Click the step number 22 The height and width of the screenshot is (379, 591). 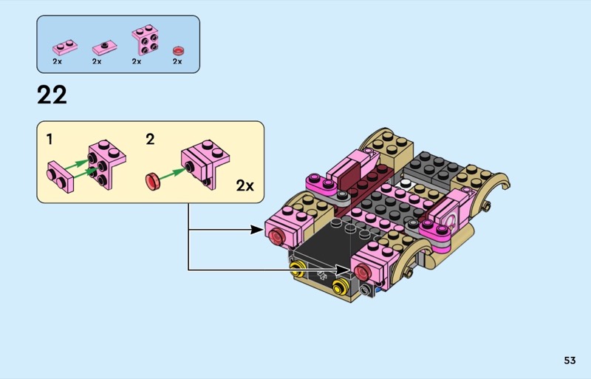tap(52, 95)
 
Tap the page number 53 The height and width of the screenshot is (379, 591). tap(570, 361)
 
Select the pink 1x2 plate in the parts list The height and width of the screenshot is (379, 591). tap(65, 47)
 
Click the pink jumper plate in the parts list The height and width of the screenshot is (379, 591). tap(104, 48)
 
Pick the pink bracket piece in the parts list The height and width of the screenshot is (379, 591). tap(145, 40)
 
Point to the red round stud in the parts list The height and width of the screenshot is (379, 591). tap(178, 50)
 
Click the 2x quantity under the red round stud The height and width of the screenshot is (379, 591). tap(177, 61)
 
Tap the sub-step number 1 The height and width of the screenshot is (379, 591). tap(49, 140)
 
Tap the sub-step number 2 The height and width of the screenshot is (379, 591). tap(150, 140)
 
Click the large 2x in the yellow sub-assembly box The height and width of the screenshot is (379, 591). tap(245, 185)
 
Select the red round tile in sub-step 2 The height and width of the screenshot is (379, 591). tap(153, 181)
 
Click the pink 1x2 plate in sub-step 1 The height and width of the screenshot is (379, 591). tap(61, 177)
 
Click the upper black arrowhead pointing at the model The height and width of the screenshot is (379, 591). tap(257, 229)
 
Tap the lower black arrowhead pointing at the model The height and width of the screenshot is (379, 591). tap(343, 270)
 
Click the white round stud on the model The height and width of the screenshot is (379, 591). tap(405, 184)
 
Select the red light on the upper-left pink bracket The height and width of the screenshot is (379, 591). tap(277, 237)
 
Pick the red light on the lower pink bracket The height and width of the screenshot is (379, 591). tap(362, 273)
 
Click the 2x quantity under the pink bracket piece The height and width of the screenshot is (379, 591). tap(137, 61)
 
